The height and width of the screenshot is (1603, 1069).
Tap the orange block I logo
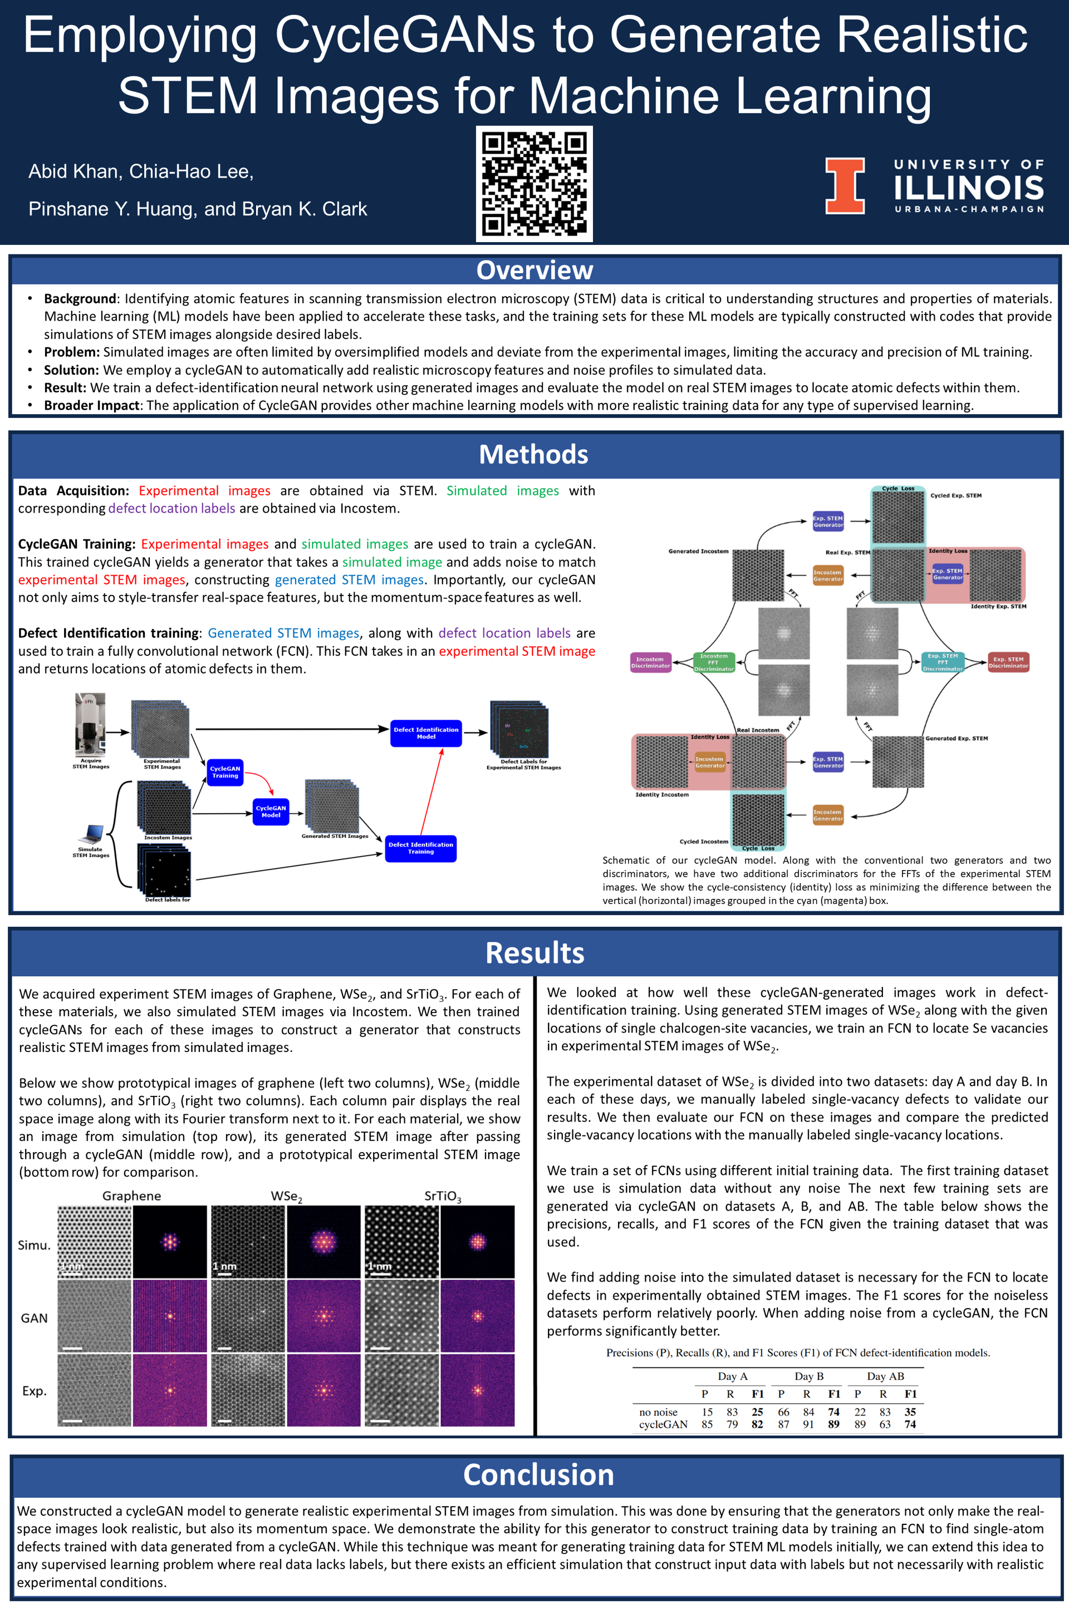pos(845,185)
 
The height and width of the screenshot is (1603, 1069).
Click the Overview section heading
pos(534,271)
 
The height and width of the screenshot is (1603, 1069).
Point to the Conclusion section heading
pos(538,1475)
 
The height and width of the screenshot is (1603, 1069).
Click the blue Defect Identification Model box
pos(426,732)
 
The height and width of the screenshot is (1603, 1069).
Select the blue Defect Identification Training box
pos(421,848)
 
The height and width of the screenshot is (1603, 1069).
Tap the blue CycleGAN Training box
pos(225,772)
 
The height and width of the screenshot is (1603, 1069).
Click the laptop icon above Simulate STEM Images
pos(91,834)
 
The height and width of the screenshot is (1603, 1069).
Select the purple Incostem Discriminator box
pos(650,662)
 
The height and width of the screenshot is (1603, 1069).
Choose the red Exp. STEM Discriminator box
pos(1008,662)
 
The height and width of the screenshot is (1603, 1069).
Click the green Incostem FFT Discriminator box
pos(713,662)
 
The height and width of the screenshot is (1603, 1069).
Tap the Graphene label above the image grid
pos(131,1196)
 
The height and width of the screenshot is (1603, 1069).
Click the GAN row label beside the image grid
pos(34,1318)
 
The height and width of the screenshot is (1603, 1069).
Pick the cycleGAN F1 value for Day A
pos(757,1424)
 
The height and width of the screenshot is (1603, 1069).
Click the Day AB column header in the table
pos(885,1376)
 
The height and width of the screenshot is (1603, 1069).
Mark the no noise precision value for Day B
pos(783,1412)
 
